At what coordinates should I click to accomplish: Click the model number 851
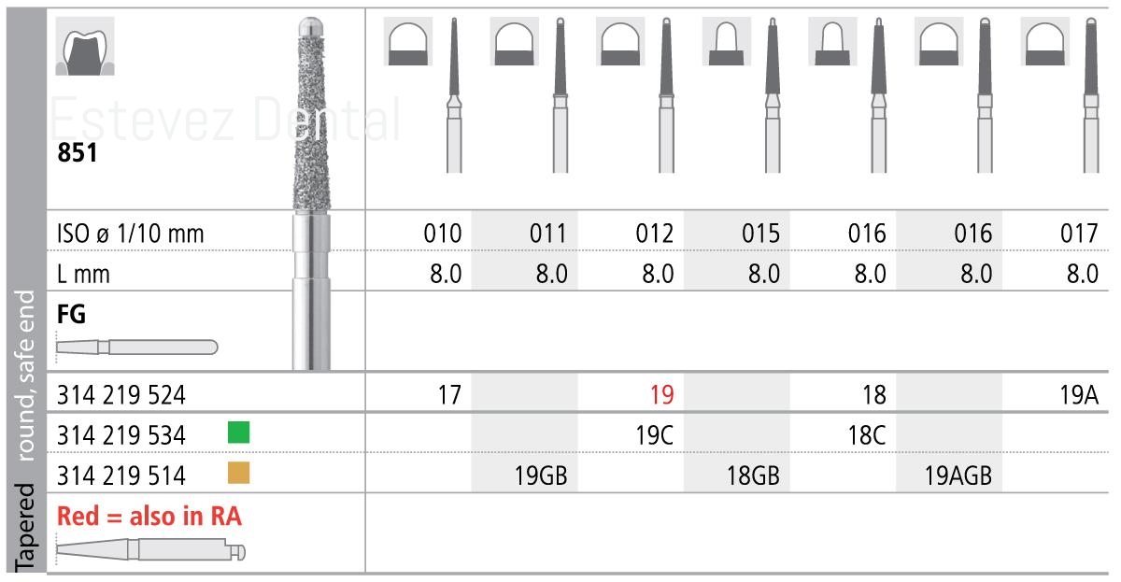pyautogui.click(x=77, y=152)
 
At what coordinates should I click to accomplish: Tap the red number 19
pyautogui.click(x=661, y=395)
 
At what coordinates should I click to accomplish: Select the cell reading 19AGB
pyautogui.click(x=958, y=476)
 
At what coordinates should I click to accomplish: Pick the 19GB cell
pyautogui.click(x=541, y=476)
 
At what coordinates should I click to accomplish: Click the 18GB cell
pyautogui.click(x=753, y=476)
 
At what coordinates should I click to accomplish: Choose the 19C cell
pyautogui.click(x=655, y=435)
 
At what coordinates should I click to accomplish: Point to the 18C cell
pyautogui.click(x=867, y=435)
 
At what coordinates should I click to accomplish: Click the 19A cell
pyautogui.click(x=1079, y=395)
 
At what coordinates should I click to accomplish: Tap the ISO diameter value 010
pyautogui.click(x=443, y=234)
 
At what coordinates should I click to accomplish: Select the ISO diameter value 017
pyautogui.click(x=1079, y=234)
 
